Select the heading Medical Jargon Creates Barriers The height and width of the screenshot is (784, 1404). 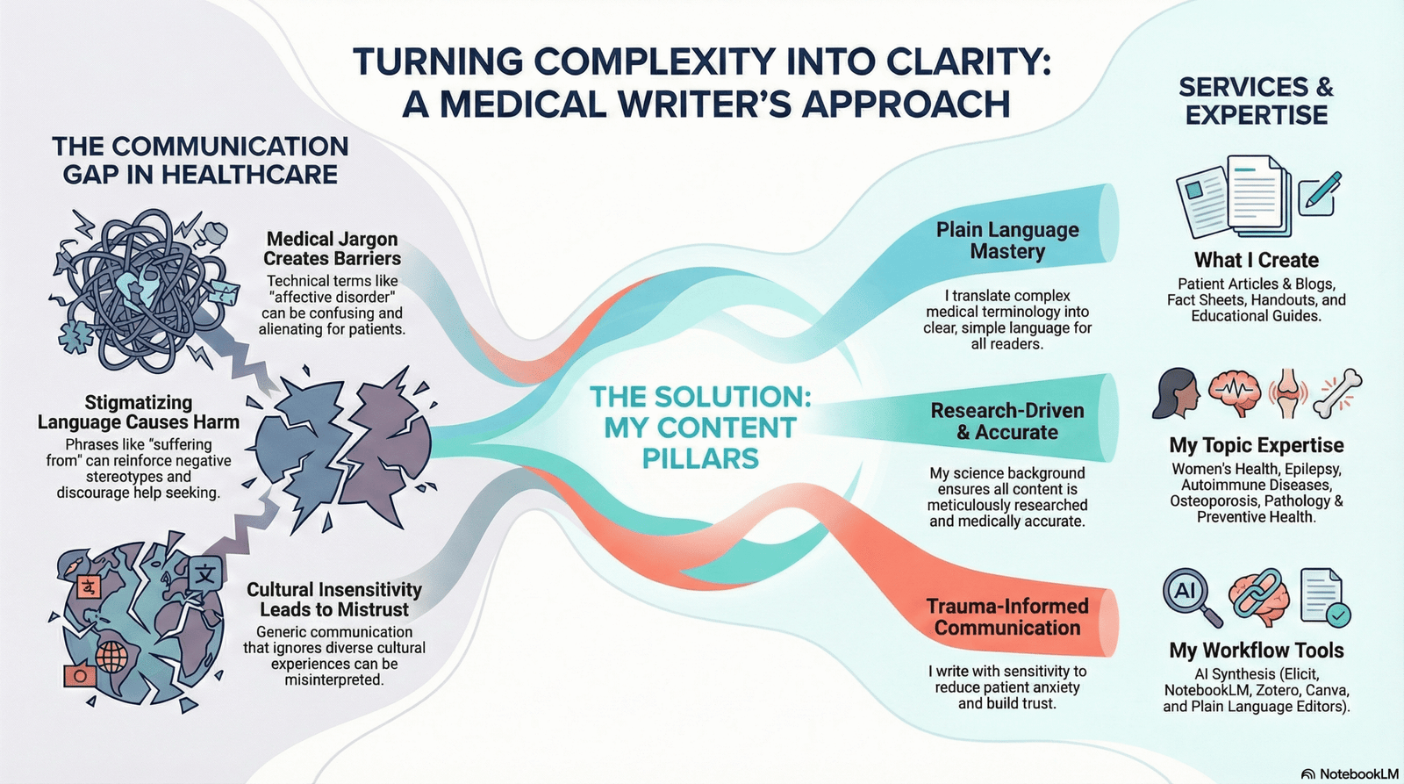(x=333, y=248)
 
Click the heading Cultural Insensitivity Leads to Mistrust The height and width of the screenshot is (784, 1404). (x=334, y=600)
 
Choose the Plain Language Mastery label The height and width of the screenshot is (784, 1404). (x=1007, y=241)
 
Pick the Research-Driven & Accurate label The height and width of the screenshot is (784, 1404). (x=1007, y=421)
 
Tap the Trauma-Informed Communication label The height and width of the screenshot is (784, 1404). (x=1007, y=617)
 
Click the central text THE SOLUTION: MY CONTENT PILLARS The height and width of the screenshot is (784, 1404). (x=700, y=428)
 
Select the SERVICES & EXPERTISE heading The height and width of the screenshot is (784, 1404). (x=1256, y=101)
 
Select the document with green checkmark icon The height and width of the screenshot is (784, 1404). (x=1324, y=598)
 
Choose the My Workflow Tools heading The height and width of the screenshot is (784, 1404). (x=1256, y=651)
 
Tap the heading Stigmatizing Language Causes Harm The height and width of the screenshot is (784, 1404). (x=139, y=413)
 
